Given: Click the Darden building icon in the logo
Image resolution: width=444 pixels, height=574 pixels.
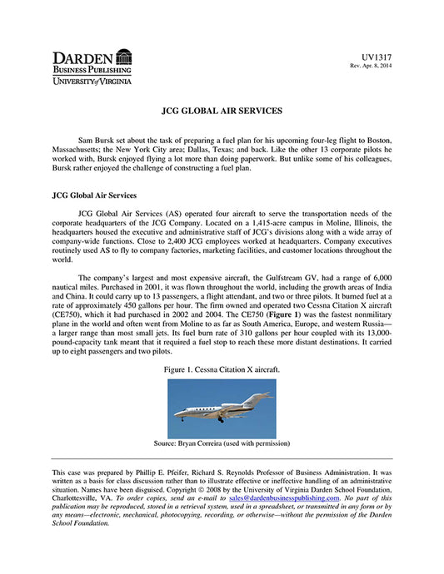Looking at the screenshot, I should (x=124, y=57).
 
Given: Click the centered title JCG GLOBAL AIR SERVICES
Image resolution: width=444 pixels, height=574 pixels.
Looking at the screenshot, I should (x=221, y=110).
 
